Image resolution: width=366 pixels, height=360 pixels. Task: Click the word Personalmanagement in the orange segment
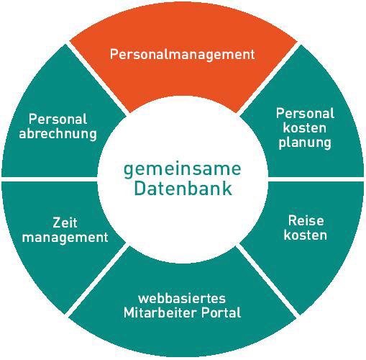pyautogui.click(x=182, y=55)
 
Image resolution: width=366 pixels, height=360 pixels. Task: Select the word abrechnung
pyautogui.click(x=58, y=134)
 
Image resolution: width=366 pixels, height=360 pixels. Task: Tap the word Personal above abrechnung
pyautogui.click(x=58, y=119)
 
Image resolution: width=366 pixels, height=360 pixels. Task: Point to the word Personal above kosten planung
pyautogui.click(x=305, y=113)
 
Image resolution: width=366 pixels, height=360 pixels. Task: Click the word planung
pyautogui.click(x=305, y=143)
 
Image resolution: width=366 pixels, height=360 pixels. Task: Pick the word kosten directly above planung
pyautogui.click(x=305, y=127)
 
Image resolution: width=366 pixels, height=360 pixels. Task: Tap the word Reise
pyautogui.click(x=306, y=220)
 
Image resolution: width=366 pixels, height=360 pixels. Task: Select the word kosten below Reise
pyautogui.click(x=306, y=235)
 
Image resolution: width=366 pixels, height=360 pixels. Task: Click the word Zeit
pyautogui.click(x=65, y=222)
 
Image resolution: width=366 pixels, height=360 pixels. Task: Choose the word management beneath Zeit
pyautogui.click(x=65, y=238)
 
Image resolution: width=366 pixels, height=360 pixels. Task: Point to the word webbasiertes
pyautogui.click(x=182, y=298)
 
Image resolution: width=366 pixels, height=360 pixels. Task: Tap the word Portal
pyautogui.click(x=221, y=312)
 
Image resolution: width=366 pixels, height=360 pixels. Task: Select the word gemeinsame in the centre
pyautogui.click(x=183, y=170)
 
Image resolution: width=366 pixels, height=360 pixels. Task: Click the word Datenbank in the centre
pyautogui.click(x=183, y=189)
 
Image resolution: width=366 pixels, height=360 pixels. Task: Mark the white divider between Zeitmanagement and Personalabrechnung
pyautogui.click(x=50, y=179)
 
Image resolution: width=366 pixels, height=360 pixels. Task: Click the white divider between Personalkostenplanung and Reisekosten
pyautogui.click(x=316, y=179)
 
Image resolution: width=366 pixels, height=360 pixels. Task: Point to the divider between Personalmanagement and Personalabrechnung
pyautogui.click(x=96, y=78)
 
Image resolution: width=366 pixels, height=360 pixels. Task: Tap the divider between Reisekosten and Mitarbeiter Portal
pyautogui.click(x=268, y=280)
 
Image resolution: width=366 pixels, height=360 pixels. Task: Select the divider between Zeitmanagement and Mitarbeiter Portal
pyautogui.click(x=96, y=280)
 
